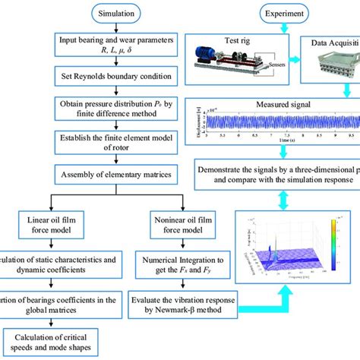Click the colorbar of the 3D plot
(331, 238)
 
